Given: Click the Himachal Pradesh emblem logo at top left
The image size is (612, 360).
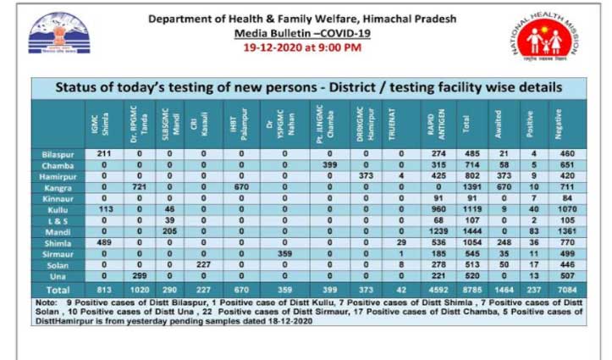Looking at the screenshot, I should pos(52,40).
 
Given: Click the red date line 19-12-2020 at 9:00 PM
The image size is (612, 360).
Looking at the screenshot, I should pos(302,47).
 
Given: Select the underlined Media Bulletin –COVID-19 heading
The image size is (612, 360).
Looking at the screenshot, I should pos(302,33).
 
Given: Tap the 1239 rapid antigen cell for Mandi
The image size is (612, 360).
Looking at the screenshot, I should pos(438,229).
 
